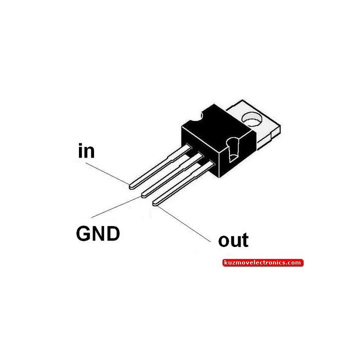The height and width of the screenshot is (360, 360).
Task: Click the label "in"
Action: click(86, 150)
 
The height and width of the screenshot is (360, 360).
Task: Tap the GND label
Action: click(98, 233)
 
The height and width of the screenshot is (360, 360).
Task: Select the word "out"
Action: click(233, 240)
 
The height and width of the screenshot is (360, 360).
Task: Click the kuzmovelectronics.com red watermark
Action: click(263, 262)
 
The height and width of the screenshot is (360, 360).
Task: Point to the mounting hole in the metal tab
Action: click(252, 119)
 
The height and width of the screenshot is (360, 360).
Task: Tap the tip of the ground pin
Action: click(143, 195)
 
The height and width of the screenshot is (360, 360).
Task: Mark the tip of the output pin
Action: click(154, 203)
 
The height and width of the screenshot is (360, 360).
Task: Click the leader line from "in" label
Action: click(107, 173)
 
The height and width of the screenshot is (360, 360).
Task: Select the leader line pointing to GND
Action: click(116, 207)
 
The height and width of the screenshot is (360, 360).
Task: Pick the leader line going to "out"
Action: click(183, 224)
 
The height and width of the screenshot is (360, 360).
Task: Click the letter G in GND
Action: click(83, 233)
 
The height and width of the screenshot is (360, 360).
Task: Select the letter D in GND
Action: click(113, 233)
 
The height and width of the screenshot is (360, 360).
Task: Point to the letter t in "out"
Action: click(245, 240)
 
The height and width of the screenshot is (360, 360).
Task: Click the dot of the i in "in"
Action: click(80, 144)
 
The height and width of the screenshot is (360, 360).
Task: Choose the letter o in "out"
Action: click(224, 241)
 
